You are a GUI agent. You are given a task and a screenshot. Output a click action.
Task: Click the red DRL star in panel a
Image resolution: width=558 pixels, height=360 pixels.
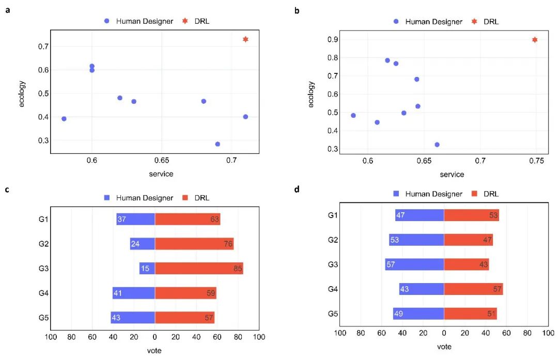point(245,39)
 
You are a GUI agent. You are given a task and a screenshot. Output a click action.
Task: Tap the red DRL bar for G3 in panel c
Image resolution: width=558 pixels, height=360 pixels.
point(199,269)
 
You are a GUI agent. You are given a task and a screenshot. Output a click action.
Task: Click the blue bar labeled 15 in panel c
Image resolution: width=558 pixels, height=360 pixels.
point(147,269)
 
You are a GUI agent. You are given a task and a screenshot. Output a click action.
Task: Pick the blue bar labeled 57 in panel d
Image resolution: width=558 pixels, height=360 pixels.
point(414,264)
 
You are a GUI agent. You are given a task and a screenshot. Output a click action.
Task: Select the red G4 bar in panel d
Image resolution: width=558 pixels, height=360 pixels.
point(473,289)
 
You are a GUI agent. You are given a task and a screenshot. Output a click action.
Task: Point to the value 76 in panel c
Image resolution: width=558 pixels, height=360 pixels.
point(228,244)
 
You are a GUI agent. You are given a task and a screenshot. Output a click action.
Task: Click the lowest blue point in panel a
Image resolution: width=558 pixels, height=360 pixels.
point(218,144)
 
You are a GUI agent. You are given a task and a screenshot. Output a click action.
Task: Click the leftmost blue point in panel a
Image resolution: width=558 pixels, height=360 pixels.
point(64,119)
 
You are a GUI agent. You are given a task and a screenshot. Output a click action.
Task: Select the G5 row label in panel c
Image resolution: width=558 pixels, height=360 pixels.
point(43,317)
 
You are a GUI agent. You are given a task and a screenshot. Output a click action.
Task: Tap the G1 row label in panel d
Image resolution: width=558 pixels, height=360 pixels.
point(334,214)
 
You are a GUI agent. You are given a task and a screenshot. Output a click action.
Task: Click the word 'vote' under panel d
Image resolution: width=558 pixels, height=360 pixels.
point(444,347)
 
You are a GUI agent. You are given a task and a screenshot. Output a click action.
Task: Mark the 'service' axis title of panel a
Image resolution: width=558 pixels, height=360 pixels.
point(161,174)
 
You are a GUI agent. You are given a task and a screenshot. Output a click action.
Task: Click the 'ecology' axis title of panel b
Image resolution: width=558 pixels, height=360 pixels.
point(311,95)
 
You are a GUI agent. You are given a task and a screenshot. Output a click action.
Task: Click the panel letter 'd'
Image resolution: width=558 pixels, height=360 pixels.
point(297,190)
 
